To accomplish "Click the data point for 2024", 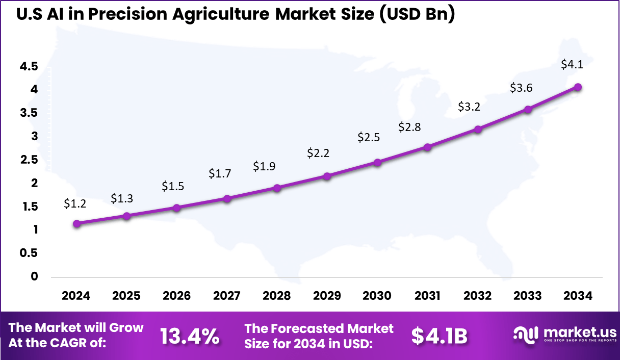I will coord(76,223).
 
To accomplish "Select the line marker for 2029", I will coord(327,176).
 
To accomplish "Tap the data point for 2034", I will coord(578,87).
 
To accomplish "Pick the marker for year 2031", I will coord(427,147).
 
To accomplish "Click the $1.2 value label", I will coord(75,203).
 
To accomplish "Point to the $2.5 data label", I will coord(368,137).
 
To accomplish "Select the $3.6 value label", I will coord(521,88).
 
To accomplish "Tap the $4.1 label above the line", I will coord(572,65).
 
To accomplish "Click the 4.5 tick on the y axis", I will coord(29,66).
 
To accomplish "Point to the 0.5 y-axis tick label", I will coord(29,253).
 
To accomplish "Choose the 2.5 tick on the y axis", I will coord(29,160).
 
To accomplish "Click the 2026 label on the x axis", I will coord(176,296).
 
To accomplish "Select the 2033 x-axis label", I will coord(527,296).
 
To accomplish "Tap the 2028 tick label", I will coord(277,296).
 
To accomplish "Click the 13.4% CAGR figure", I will coord(190,336).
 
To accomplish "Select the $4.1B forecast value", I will coord(439,336).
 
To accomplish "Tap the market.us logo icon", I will coord(526,334).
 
